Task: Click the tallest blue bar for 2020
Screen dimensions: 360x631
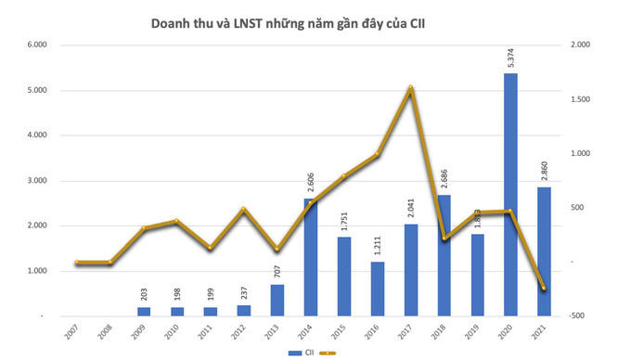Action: tap(509, 195)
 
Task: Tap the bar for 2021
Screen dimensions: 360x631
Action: tap(543, 251)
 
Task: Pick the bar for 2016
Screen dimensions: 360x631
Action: tap(377, 289)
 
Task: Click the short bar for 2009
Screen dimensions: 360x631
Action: tap(144, 312)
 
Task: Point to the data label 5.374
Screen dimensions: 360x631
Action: tap(510, 57)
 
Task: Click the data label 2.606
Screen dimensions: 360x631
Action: tap(310, 182)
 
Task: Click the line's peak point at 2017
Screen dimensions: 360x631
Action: tap(410, 88)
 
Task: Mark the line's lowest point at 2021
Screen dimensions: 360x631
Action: tap(543, 289)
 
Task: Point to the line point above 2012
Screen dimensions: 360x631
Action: tap(243, 210)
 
